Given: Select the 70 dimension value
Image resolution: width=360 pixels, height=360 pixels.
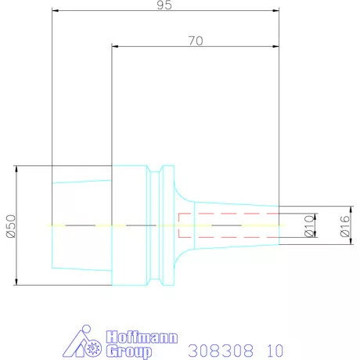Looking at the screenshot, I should coord(195,41).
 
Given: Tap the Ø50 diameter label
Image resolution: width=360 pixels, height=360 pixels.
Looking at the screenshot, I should coord(9,225).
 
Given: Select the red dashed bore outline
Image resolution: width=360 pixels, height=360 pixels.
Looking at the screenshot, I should coord(227,214).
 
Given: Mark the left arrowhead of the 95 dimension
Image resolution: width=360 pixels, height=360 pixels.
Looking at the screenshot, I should coord(54,11).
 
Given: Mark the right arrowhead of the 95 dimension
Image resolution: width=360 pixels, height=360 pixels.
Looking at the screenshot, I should coord(277,11).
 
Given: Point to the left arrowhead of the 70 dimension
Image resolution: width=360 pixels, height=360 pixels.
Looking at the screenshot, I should coord(115,47).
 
